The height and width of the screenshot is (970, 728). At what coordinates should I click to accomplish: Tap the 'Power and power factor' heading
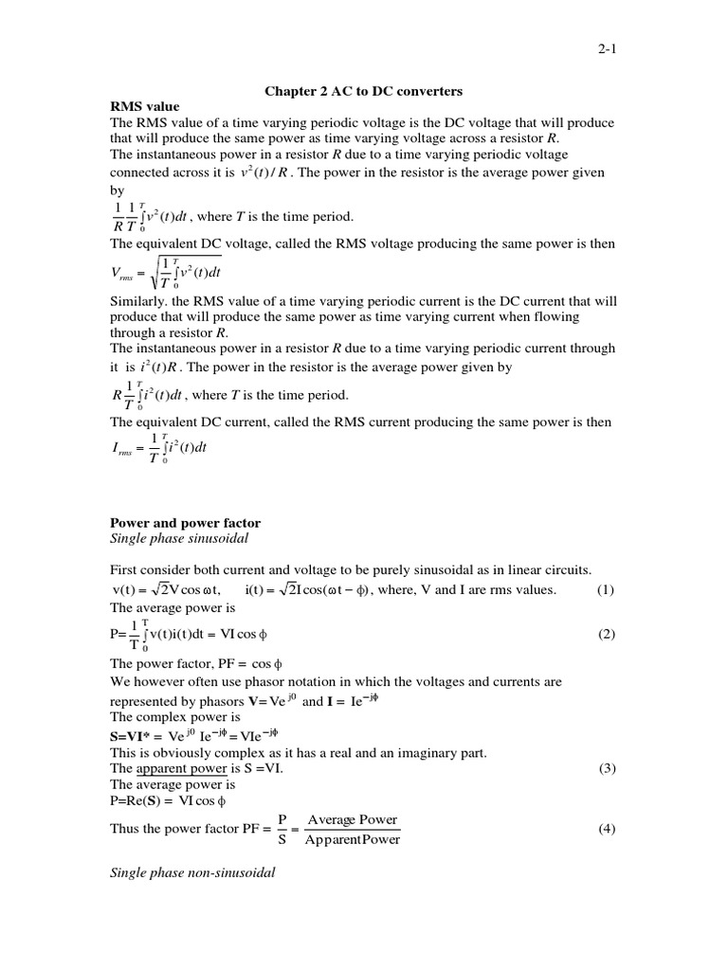pos(186,522)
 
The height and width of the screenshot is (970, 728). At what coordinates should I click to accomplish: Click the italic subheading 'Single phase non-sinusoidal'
pos(193,872)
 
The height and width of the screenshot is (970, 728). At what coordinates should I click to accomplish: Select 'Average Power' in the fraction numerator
pos(353,819)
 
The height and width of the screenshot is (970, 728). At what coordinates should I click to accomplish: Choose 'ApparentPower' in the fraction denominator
pos(353,839)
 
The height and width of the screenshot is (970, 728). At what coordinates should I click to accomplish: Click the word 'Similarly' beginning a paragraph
pos(143,301)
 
